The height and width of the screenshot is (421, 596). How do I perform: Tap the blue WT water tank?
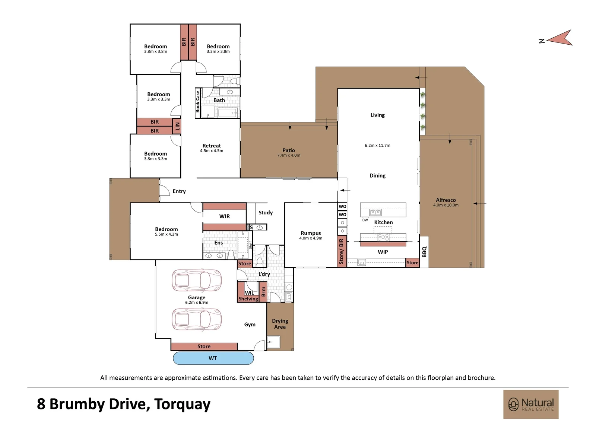coord(213,358)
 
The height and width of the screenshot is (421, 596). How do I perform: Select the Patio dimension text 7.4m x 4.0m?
coord(289,155)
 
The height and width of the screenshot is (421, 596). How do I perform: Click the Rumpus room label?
coord(311,233)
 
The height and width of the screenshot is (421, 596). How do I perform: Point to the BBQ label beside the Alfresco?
coord(424,252)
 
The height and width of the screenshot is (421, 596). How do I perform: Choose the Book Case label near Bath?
coord(198,102)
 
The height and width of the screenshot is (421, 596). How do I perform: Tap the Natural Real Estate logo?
coord(531,404)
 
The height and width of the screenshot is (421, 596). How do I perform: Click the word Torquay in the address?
coord(182,404)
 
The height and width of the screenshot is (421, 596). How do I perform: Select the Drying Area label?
coord(280,324)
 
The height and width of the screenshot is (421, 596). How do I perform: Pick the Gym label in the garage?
coord(250,325)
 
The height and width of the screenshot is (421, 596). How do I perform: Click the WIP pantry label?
coord(383,252)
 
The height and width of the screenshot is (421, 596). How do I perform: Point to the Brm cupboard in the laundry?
coord(263,292)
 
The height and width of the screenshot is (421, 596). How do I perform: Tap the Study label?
coord(266,213)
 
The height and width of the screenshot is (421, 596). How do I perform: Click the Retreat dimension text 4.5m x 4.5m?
coord(212,151)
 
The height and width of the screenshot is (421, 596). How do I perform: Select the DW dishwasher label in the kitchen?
coord(365,220)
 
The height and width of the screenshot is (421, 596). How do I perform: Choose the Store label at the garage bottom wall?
coord(204,347)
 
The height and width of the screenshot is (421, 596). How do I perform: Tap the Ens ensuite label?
coord(218,243)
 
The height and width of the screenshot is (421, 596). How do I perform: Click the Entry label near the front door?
coord(179,191)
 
